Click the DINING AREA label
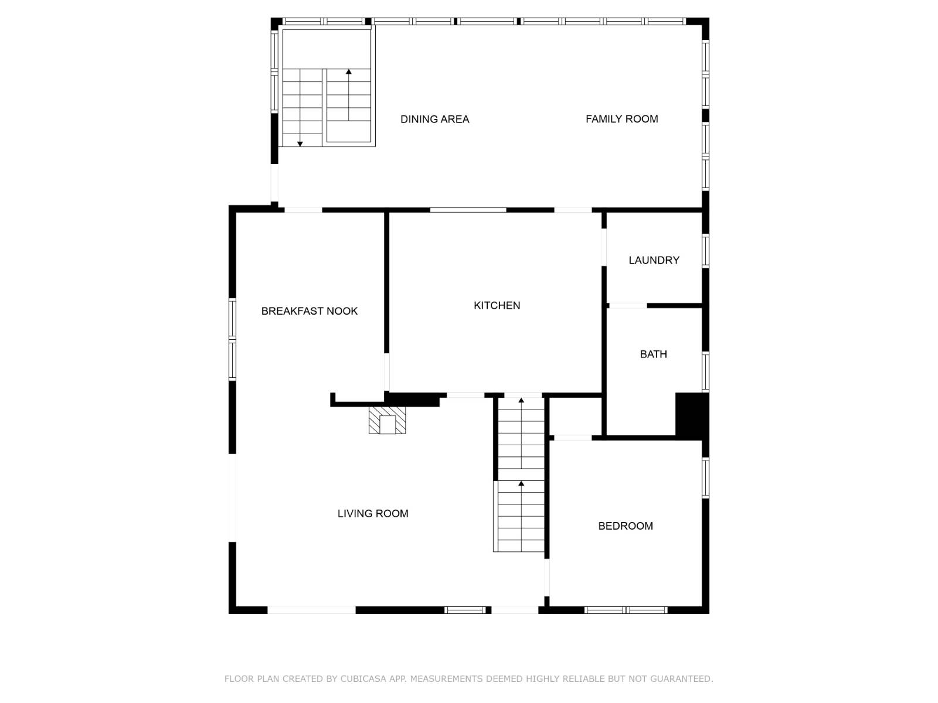[434, 120]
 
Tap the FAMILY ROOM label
[621, 119]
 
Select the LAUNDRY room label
[654, 260]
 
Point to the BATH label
[653, 354]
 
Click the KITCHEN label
[497, 305]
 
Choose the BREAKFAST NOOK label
[309, 311]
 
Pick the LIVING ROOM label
[373, 514]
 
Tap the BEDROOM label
[625, 526]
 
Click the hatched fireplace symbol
[387, 421]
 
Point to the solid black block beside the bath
[692, 415]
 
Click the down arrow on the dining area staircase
[300, 143]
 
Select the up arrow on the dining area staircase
[349, 72]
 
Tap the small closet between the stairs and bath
[575, 416]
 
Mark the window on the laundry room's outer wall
[705, 250]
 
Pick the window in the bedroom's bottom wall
[626, 610]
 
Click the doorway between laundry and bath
[628, 305]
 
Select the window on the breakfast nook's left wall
[232, 339]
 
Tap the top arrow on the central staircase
[521, 401]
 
